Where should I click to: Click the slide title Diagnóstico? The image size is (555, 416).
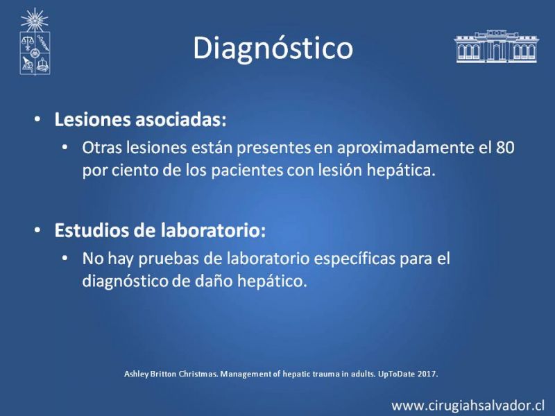point(273,49)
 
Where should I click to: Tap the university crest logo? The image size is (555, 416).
point(35,42)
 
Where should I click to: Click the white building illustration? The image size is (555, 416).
point(496,46)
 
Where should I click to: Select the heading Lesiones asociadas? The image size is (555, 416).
point(140,119)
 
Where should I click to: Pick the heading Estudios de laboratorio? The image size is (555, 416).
point(160,230)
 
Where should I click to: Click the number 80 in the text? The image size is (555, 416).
point(505,148)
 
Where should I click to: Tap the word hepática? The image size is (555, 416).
point(401,170)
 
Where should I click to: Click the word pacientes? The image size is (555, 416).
point(247,171)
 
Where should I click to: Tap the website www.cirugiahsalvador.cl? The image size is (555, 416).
point(468,406)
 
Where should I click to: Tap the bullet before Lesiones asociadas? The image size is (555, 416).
point(37,119)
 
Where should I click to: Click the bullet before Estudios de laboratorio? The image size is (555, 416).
point(37,230)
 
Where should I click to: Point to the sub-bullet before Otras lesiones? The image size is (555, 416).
point(65,148)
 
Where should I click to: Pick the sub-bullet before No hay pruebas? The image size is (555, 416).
point(65,259)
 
